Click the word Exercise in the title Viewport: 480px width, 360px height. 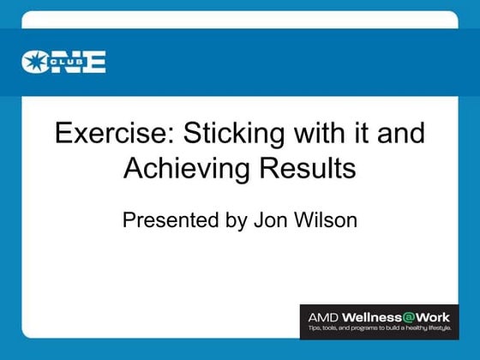click(x=107, y=135)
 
